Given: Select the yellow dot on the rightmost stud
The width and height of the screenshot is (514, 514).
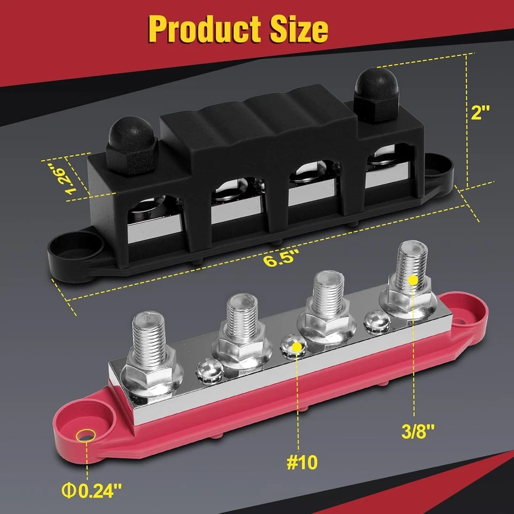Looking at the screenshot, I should tap(412, 279).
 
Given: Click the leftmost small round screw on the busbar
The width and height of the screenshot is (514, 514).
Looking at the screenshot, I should tap(206, 369).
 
